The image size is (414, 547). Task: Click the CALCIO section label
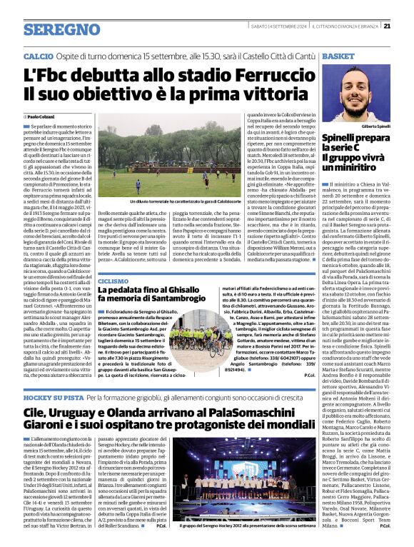pos(38,55)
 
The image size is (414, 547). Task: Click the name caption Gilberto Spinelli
pos(377,126)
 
